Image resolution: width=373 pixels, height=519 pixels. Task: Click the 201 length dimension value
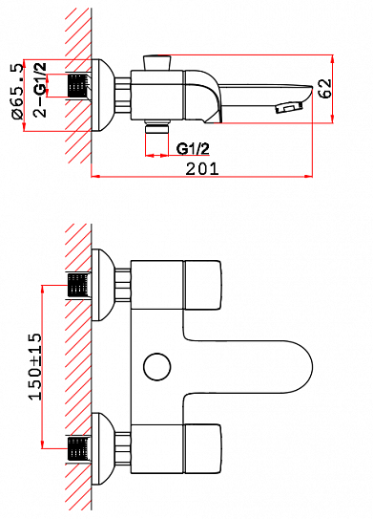pos(202,169)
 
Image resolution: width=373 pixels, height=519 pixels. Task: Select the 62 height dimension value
pos(325,89)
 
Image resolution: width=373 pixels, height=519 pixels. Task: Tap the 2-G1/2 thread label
pos(39,87)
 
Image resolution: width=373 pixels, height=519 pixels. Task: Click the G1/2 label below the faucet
pos(194,149)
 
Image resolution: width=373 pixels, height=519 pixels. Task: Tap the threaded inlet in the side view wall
pos(77,86)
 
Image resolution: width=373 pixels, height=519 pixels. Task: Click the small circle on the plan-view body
pos(153,366)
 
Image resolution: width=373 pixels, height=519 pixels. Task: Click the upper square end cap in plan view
pos(203,286)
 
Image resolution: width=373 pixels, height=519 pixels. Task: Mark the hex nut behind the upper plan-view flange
pos(121,285)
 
